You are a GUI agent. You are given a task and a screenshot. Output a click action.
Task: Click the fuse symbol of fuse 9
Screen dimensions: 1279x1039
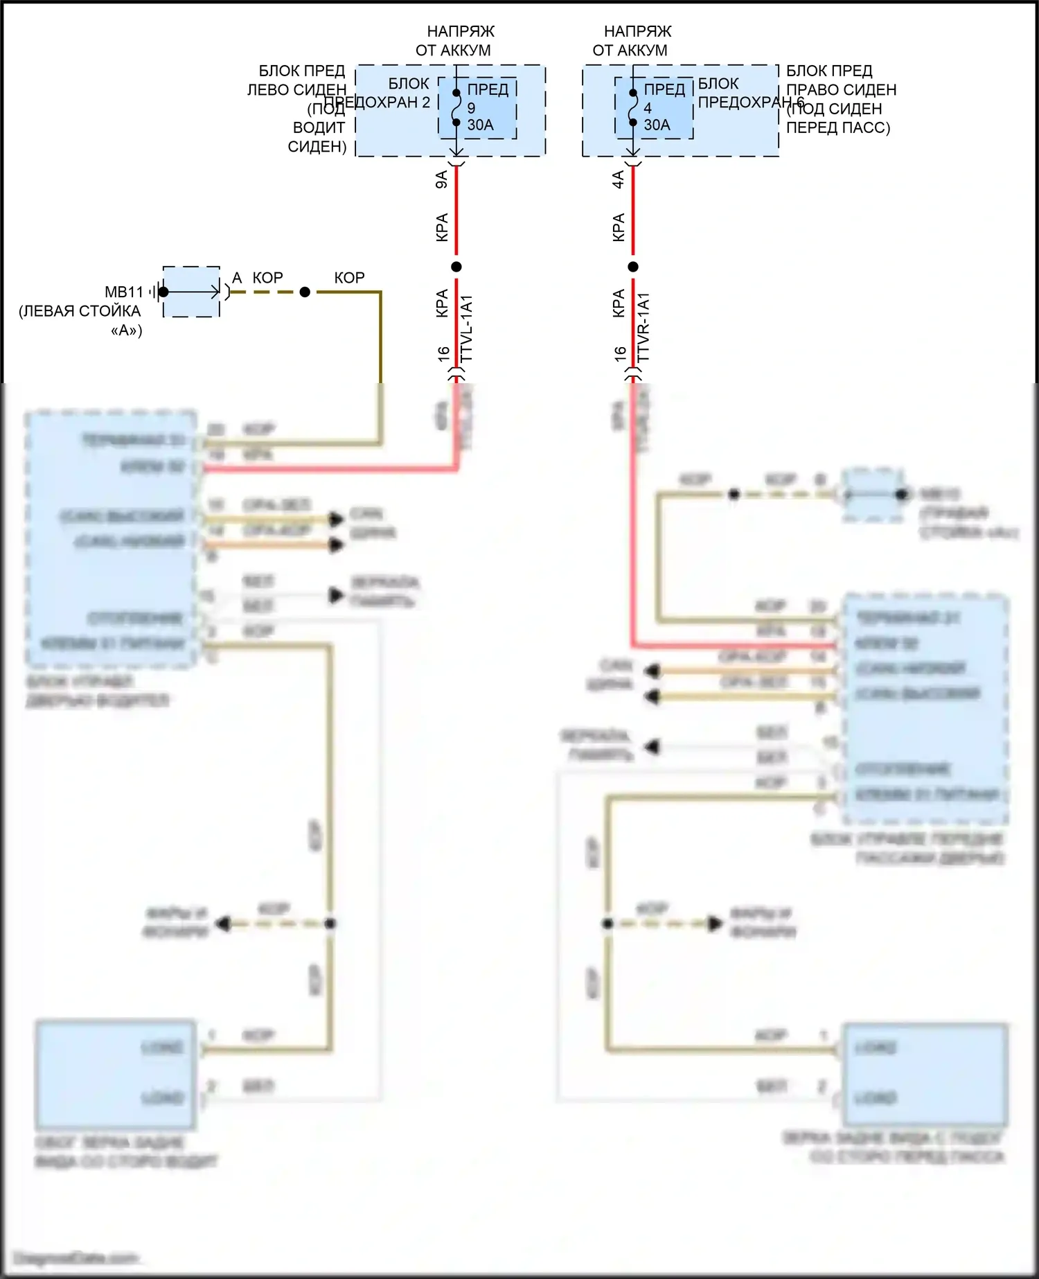pos(456,108)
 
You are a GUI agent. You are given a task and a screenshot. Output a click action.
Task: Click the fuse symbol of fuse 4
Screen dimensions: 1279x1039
pos(632,108)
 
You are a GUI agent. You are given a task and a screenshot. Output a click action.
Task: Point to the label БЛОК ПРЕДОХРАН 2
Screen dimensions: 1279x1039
pos(388,93)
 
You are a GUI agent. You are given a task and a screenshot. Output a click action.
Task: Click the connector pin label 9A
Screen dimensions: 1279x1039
pos(441,179)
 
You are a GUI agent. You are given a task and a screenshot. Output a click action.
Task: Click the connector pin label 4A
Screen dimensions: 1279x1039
pos(618,179)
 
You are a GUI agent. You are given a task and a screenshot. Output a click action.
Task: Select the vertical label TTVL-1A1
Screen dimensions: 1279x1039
pos(466,328)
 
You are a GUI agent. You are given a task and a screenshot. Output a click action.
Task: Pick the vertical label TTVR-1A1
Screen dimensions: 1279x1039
pos(643,328)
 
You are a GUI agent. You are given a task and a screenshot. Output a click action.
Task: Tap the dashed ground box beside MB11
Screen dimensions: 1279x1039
pos(191,292)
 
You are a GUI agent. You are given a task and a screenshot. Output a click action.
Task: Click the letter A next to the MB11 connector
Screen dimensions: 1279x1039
pos(237,278)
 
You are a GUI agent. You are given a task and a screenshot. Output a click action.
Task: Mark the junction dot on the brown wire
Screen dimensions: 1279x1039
pos(305,292)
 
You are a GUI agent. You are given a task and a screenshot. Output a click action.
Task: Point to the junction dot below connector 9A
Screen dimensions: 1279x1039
pos(456,267)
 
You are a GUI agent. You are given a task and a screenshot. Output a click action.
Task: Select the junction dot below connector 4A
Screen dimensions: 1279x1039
pos(632,267)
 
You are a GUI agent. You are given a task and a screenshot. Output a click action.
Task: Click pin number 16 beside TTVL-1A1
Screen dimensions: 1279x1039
pos(444,354)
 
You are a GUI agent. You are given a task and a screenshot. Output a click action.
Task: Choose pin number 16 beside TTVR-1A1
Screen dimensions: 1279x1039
pos(620,354)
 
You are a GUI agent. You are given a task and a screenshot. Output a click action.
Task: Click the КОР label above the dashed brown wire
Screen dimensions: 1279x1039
pos(267,278)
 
